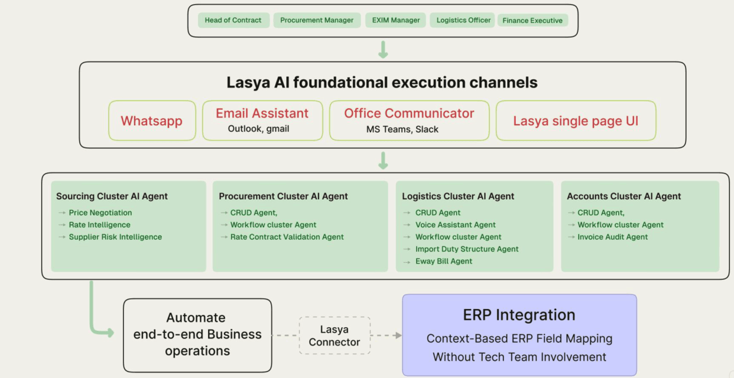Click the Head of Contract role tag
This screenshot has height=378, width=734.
tap(233, 20)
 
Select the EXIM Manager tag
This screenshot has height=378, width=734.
tap(395, 20)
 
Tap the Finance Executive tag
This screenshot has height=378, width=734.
tap(532, 21)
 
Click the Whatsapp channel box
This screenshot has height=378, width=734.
tap(152, 120)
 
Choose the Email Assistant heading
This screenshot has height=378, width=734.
tap(262, 113)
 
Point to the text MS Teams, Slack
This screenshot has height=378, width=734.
tap(402, 129)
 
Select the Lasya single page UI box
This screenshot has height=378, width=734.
tap(576, 120)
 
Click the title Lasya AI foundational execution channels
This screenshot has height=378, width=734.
tap(382, 82)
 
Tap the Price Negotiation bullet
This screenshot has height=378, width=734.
tap(100, 213)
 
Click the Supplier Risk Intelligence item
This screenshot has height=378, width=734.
tap(115, 237)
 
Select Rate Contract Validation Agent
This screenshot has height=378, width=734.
tap(287, 237)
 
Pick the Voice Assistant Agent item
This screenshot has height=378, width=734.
tap(456, 224)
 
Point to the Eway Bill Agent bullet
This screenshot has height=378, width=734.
tap(444, 261)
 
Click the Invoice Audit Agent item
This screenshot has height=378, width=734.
tap(612, 237)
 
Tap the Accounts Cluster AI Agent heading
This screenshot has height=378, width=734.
tap(624, 196)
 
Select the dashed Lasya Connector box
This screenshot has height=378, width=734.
tap(334, 335)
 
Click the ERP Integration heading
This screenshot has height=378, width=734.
tap(519, 315)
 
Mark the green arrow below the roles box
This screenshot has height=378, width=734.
tap(383, 50)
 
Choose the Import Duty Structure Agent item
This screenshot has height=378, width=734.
tap(467, 249)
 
